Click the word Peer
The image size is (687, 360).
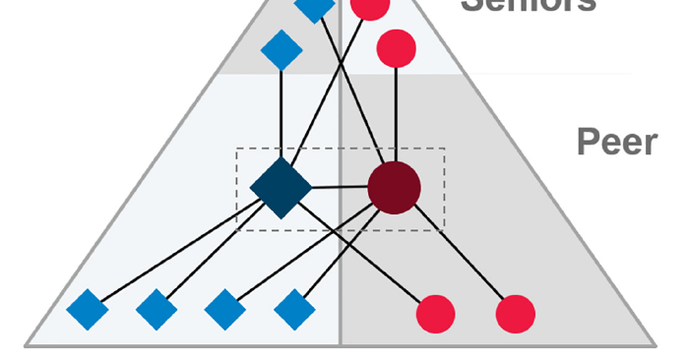point(616,143)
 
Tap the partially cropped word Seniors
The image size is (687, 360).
point(529,5)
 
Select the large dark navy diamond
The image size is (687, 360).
point(281,187)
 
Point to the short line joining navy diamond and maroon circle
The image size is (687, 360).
point(340,187)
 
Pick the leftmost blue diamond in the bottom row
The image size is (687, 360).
point(87,311)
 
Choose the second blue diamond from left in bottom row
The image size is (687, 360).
point(156,311)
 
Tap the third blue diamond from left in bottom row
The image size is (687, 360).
point(224,311)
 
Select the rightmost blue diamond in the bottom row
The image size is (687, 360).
point(293,311)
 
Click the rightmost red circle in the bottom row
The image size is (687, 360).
point(515,314)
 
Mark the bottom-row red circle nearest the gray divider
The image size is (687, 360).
point(436,314)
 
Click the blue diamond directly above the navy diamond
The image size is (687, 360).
point(281,50)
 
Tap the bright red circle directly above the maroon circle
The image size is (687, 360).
point(396,47)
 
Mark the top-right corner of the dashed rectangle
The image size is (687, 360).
point(445,149)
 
